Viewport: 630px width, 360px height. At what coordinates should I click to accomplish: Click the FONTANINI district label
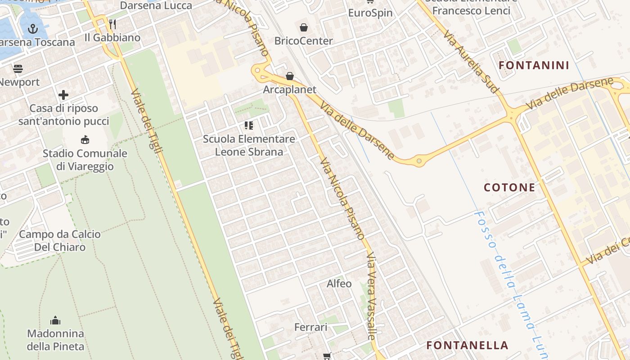(534, 65)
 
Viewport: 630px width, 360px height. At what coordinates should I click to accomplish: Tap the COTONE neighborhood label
(509, 187)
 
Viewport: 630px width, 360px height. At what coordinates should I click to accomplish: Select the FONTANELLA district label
(467, 345)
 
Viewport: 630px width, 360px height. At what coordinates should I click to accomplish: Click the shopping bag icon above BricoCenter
(304, 27)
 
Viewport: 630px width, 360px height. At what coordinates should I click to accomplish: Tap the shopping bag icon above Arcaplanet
(290, 76)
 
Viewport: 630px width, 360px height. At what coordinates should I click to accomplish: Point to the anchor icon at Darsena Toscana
(32, 29)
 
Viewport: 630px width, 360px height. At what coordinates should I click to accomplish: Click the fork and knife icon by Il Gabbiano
(112, 24)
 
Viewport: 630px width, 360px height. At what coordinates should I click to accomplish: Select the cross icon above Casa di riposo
(63, 95)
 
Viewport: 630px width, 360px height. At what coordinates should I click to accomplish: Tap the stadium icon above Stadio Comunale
(85, 139)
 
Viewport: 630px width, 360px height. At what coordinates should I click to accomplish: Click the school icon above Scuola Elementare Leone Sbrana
(249, 125)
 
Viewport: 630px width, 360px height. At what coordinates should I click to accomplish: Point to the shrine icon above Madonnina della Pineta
(55, 320)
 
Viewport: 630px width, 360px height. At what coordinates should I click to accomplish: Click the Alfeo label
(339, 283)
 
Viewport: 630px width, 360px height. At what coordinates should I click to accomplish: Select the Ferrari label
(310, 327)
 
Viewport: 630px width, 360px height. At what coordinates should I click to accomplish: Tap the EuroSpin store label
(370, 13)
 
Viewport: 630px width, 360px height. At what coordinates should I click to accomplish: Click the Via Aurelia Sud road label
(471, 62)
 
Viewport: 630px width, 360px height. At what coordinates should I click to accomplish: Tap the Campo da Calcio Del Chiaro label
(60, 240)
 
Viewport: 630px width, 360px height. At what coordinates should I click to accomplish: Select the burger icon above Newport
(18, 69)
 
